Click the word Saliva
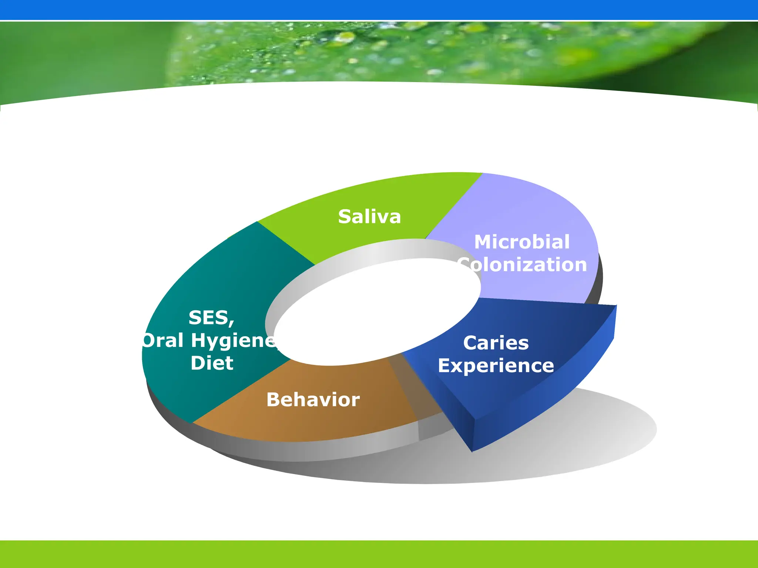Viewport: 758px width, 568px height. [x=369, y=217]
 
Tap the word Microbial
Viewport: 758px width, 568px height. [x=522, y=242]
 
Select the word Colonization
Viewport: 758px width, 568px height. [x=523, y=265]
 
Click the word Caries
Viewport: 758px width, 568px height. [x=496, y=343]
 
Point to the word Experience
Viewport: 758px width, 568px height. [x=496, y=366]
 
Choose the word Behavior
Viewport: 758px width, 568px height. [x=313, y=400]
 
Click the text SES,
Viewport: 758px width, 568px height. [x=211, y=318]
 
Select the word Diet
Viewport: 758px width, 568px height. [x=212, y=363]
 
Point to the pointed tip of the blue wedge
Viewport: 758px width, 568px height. [x=472, y=450]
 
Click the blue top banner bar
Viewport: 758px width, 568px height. [x=379, y=10]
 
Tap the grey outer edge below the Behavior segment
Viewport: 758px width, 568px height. [x=296, y=451]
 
